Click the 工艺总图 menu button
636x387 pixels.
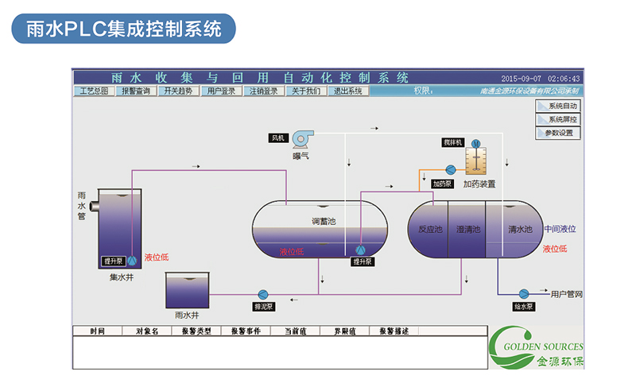click(95, 91)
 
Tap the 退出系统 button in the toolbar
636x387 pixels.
click(347, 91)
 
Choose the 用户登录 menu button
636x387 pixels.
click(221, 91)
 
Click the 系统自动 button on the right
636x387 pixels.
click(558, 106)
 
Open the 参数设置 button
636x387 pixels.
click(558, 133)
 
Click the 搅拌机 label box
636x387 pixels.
click(453, 142)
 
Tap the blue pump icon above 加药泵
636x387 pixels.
click(451, 169)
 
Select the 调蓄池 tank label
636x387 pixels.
click(324, 222)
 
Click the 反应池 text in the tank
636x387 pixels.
click(429, 230)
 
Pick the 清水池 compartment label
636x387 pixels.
click(520, 230)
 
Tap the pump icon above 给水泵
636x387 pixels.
click(524, 293)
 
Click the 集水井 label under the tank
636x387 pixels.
click(121, 278)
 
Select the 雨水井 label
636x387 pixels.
click(186, 315)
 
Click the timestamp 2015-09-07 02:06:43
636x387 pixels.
click(541, 79)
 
